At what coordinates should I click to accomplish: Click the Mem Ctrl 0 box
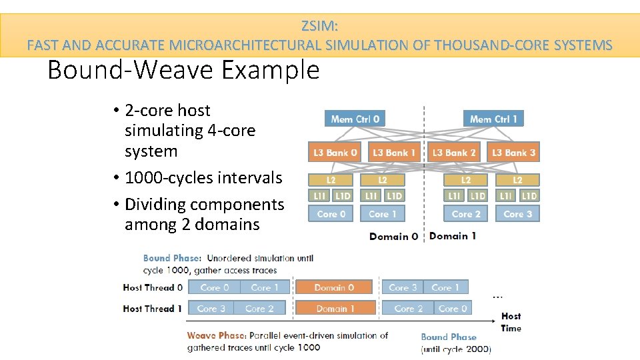point(355,119)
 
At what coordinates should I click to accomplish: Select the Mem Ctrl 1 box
point(493,119)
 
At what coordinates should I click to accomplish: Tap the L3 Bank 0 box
point(335,153)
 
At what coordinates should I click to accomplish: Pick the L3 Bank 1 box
point(393,153)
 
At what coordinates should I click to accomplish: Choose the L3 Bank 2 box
point(454,153)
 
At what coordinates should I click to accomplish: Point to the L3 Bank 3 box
point(513,153)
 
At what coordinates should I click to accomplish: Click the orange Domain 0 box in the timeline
point(334,287)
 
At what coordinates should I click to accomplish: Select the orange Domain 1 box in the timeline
point(334,308)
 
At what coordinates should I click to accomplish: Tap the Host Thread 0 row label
point(153,287)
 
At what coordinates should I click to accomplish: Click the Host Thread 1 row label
point(153,308)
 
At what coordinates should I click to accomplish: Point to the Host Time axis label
point(511,321)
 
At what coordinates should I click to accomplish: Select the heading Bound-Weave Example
point(183,70)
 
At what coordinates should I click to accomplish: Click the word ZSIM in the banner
point(319,27)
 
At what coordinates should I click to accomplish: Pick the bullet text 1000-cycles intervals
point(203,178)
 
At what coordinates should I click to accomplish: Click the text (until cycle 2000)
point(456,348)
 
